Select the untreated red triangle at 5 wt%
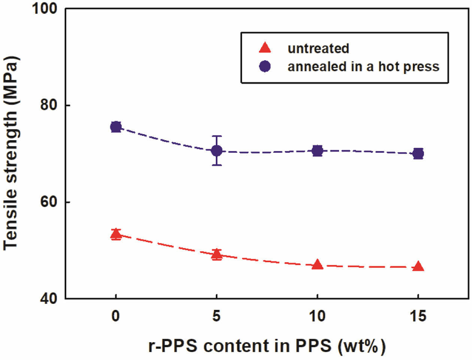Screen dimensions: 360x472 coord(217,255)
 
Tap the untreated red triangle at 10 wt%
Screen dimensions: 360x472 coord(317,265)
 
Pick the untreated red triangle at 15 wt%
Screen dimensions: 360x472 coord(418,267)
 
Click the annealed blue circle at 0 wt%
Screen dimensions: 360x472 coord(116,127)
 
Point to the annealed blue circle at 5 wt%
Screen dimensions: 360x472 coord(217,151)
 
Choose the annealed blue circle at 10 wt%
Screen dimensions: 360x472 coord(317,151)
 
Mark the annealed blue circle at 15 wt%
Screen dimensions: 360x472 coord(418,153)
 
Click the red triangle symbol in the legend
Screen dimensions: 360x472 coord(265,48)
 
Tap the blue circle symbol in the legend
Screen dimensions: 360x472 coord(265,66)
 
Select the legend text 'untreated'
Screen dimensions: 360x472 coord(318,48)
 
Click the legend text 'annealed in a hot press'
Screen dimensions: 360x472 coord(363,67)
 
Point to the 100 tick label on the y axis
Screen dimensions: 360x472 coord(45,8)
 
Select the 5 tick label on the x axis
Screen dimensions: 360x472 coord(217,317)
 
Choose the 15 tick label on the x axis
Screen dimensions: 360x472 coord(418,317)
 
